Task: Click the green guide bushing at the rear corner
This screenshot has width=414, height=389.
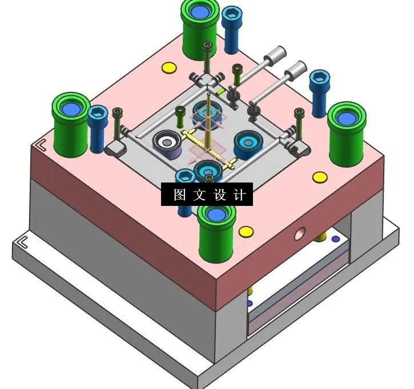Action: (200, 29)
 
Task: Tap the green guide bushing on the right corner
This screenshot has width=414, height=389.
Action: (346, 131)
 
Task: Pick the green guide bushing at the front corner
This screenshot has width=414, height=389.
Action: (217, 231)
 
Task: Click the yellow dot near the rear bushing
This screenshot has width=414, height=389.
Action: (169, 68)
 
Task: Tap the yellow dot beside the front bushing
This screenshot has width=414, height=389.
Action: (246, 232)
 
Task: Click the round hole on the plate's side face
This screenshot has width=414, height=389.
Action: (299, 233)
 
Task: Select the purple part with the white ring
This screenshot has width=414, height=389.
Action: (167, 143)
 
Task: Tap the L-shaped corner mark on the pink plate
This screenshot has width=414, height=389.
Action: (41, 145)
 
